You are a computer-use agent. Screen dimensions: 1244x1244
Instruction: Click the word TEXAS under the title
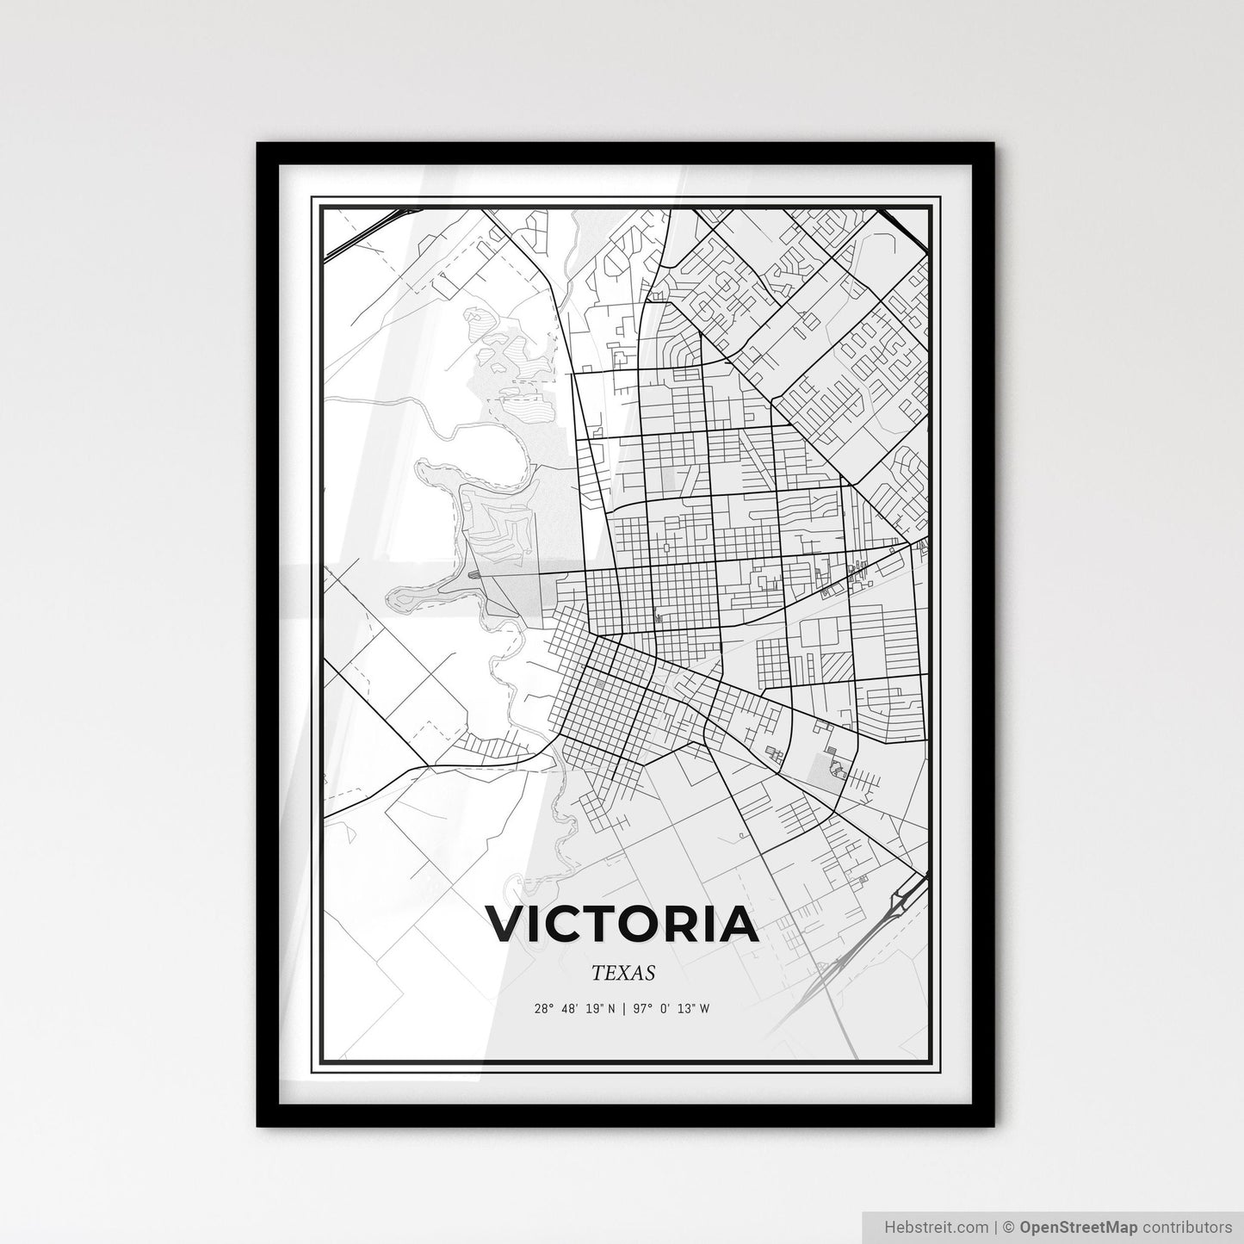[x=623, y=973]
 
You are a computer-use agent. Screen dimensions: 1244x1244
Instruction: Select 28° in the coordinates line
[x=543, y=1009]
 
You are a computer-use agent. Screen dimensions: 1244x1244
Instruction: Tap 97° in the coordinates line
[x=641, y=1009]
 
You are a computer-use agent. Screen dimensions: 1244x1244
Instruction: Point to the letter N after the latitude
[x=612, y=1009]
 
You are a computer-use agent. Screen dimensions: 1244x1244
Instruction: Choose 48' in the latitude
[x=569, y=1009]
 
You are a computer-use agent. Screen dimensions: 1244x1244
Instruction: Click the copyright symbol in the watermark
[x=1007, y=1225]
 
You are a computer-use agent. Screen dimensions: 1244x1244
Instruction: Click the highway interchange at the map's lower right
[x=905, y=901]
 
